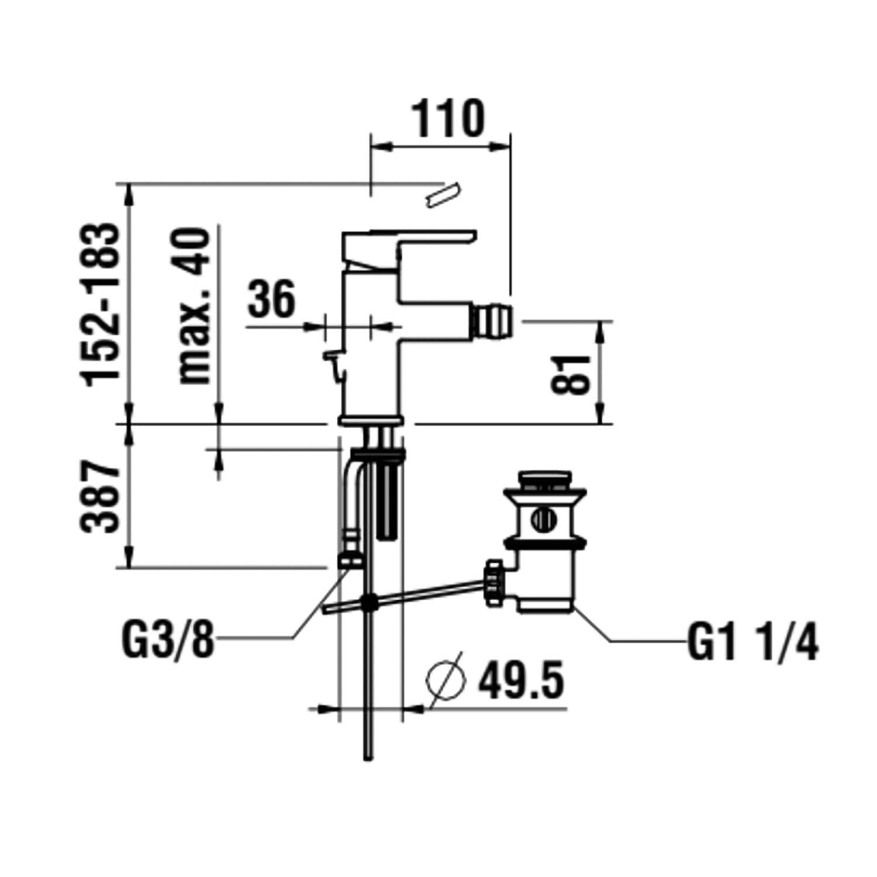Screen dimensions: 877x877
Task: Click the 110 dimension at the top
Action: click(450, 119)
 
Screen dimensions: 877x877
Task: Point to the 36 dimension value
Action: click(271, 299)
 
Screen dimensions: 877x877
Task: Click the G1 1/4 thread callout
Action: click(752, 643)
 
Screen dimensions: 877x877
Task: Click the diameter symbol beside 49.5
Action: click(447, 679)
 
